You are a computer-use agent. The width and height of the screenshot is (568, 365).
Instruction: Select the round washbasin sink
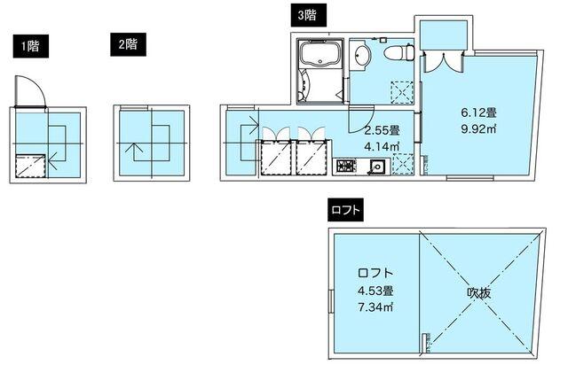pos(362,58)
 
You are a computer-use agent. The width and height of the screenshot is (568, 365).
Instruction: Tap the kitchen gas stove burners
pos(344,166)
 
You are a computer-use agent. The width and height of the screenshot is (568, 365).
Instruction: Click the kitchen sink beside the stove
pos(375,165)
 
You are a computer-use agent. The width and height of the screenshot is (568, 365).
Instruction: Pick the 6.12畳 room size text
pos(477,113)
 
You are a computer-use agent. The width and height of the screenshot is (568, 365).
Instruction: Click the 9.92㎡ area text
pos(477,129)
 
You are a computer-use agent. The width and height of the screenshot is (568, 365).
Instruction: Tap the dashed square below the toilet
pos(402,91)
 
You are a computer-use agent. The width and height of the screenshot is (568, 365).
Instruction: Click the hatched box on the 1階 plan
pos(31,166)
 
